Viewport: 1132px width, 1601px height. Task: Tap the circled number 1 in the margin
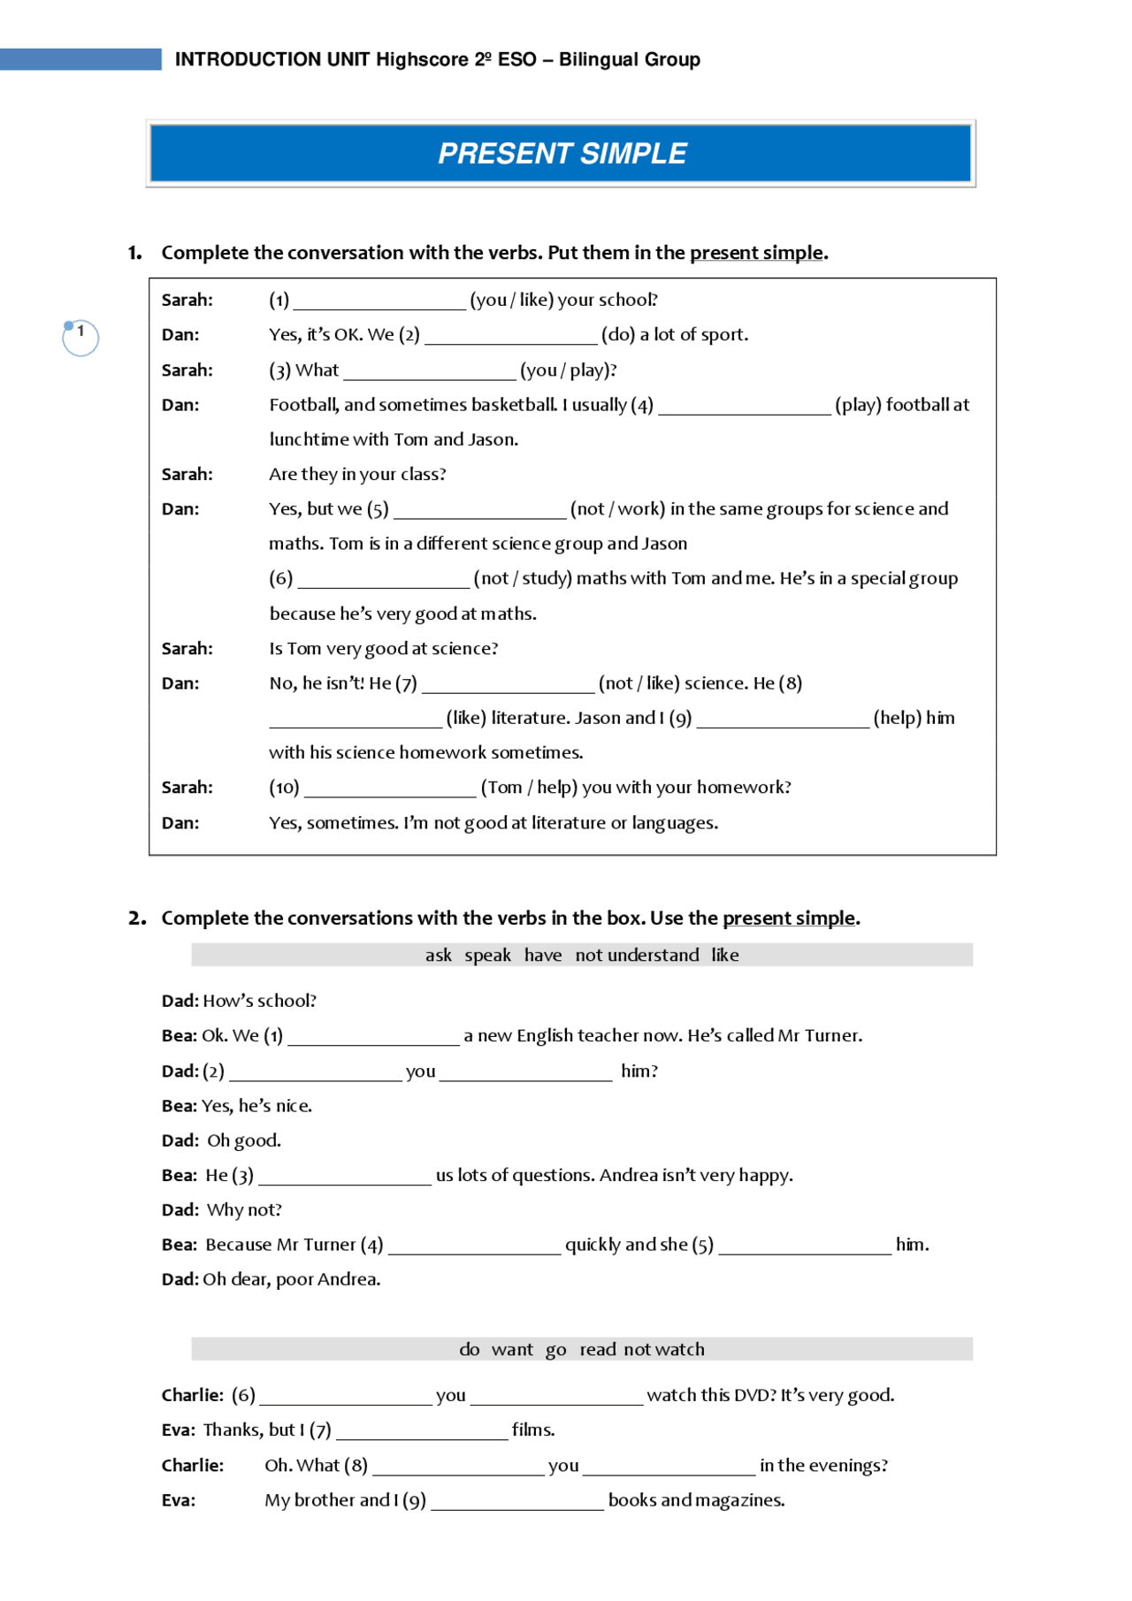pyautogui.click(x=80, y=337)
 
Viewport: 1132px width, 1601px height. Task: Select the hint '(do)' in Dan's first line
pyautogui.click(x=618, y=335)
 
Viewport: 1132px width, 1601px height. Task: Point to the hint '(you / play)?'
pyautogui.click(x=568, y=370)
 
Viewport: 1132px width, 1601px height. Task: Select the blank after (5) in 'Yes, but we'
pyautogui.click(x=479, y=511)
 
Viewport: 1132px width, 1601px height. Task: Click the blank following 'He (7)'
pyautogui.click(x=508, y=685)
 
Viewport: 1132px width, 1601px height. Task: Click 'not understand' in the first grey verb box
pyautogui.click(x=637, y=956)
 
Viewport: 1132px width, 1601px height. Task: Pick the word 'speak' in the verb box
pyautogui.click(x=487, y=956)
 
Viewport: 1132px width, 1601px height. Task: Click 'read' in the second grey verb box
pyautogui.click(x=598, y=1350)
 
